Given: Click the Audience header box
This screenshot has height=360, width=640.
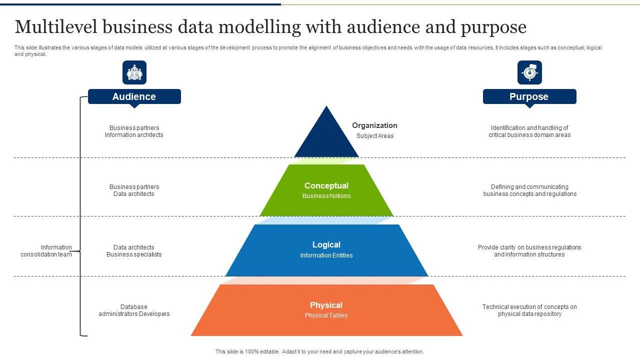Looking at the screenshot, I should click(x=134, y=96).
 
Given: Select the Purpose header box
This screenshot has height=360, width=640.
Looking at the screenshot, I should click(x=529, y=96).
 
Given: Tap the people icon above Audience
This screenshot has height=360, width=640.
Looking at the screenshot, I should click(x=134, y=72).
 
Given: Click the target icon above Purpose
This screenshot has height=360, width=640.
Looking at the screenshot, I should click(x=529, y=72).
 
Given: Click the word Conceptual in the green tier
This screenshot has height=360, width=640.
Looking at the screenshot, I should click(x=326, y=185).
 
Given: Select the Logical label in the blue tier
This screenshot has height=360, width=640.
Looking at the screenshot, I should click(x=326, y=244).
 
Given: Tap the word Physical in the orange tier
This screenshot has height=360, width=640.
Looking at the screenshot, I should click(x=326, y=305).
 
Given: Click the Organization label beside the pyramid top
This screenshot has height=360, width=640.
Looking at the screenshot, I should click(x=374, y=125).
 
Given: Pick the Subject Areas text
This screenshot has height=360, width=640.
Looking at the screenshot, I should click(x=375, y=136).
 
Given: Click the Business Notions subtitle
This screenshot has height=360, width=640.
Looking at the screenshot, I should click(x=326, y=196).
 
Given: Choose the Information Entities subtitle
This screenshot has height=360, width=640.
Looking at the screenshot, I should click(x=326, y=255).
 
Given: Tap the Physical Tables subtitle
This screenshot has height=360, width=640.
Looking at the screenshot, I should click(x=326, y=315).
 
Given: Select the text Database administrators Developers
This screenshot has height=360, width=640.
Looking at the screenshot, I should click(x=134, y=310).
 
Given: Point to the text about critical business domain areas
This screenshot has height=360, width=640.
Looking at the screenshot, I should click(x=529, y=131).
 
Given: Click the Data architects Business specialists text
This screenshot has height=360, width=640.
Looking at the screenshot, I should click(x=134, y=251).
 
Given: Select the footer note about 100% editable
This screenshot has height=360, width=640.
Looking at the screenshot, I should click(x=319, y=351).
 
